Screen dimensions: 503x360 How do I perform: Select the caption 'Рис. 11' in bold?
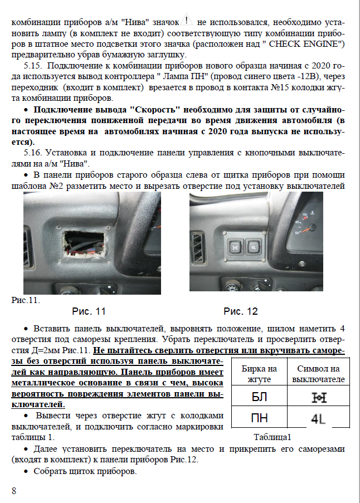[x=89, y=311]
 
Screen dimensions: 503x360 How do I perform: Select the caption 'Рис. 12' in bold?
[x=241, y=311]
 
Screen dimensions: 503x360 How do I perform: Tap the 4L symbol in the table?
[x=318, y=419]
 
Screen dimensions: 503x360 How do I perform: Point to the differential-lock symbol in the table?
[x=318, y=397]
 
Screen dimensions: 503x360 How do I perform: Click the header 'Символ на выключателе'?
[x=318, y=374]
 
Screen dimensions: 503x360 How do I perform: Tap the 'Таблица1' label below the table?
[x=273, y=437]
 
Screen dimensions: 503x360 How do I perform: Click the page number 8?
[x=14, y=490]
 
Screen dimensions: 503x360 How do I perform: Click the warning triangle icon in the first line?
[x=187, y=21]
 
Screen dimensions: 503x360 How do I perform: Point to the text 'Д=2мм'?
[x=40, y=351]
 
